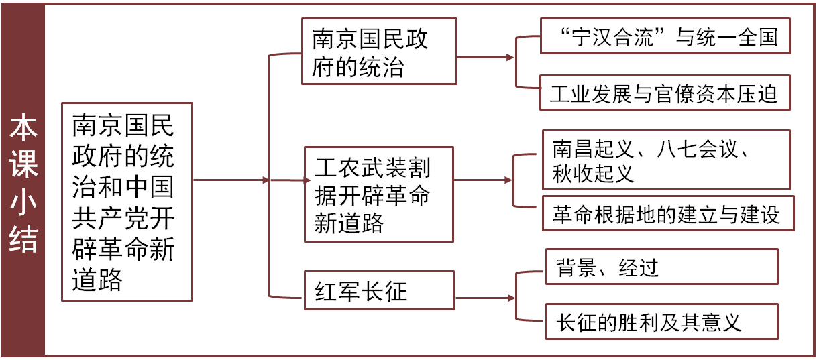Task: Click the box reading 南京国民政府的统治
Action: click(379, 52)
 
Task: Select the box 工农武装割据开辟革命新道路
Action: click(379, 194)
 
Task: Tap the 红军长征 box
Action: click(379, 290)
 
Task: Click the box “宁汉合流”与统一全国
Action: click(665, 36)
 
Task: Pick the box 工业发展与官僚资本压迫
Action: click(665, 93)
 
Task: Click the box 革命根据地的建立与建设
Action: click(667, 214)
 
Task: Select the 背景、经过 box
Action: click(661, 267)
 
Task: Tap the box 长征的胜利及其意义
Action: click(661, 322)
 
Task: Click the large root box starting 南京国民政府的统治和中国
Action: click(126, 201)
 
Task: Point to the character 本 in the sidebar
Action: click(23, 129)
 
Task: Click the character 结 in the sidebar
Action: click(23, 237)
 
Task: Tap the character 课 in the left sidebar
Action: click(23, 165)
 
